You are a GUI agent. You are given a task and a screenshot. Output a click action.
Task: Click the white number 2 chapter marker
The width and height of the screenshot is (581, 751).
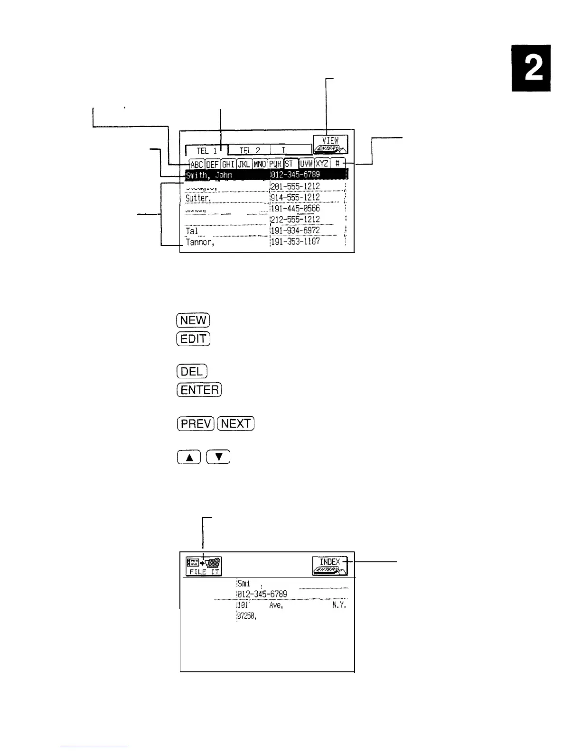[x=531, y=68]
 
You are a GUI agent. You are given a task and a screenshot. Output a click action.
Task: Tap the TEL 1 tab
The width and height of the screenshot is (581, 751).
[x=206, y=150]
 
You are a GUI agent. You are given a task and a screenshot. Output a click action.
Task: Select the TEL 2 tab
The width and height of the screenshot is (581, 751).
[x=249, y=150]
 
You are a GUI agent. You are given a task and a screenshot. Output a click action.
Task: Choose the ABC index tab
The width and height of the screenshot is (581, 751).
[x=197, y=164]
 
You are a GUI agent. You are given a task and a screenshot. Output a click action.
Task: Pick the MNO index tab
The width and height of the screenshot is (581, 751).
[x=260, y=164]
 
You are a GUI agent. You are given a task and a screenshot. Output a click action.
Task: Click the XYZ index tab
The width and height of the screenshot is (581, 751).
[x=322, y=164]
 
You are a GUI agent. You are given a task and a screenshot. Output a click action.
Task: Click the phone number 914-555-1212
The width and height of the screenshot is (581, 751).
[x=295, y=197]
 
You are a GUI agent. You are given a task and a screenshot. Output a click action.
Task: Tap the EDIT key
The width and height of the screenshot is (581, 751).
[x=193, y=339]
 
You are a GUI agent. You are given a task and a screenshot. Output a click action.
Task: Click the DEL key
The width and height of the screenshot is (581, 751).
[x=192, y=371]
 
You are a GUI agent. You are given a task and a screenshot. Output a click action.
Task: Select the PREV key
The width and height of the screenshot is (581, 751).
[x=196, y=423]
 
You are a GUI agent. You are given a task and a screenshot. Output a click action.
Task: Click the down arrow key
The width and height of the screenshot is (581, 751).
[x=219, y=458]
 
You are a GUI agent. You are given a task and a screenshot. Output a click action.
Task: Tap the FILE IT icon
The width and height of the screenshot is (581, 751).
[x=204, y=566]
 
